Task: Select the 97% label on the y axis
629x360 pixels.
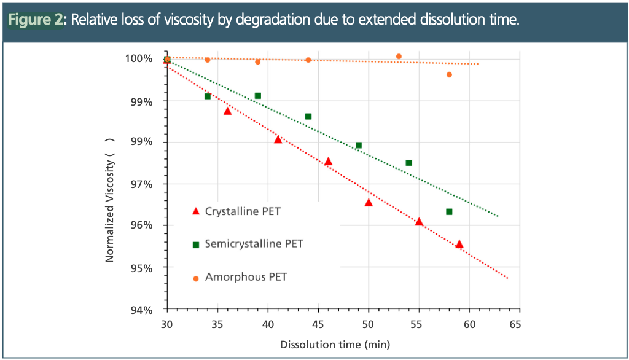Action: tap(142, 184)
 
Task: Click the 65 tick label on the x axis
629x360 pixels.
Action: tap(515, 324)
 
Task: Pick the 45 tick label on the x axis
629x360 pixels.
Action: tap(318, 324)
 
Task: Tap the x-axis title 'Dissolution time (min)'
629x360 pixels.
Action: tap(335, 345)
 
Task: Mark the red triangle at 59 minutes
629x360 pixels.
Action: tap(459, 244)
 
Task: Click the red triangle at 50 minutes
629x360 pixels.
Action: tap(369, 202)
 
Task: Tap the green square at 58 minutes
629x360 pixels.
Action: tap(449, 212)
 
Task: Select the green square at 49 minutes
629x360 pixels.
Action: tap(359, 146)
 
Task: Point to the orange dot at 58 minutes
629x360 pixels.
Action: tap(449, 74)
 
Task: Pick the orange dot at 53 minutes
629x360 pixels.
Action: tap(399, 56)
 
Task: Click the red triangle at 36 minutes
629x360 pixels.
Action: tap(227, 111)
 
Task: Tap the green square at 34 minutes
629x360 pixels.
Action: tap(208, 96)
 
